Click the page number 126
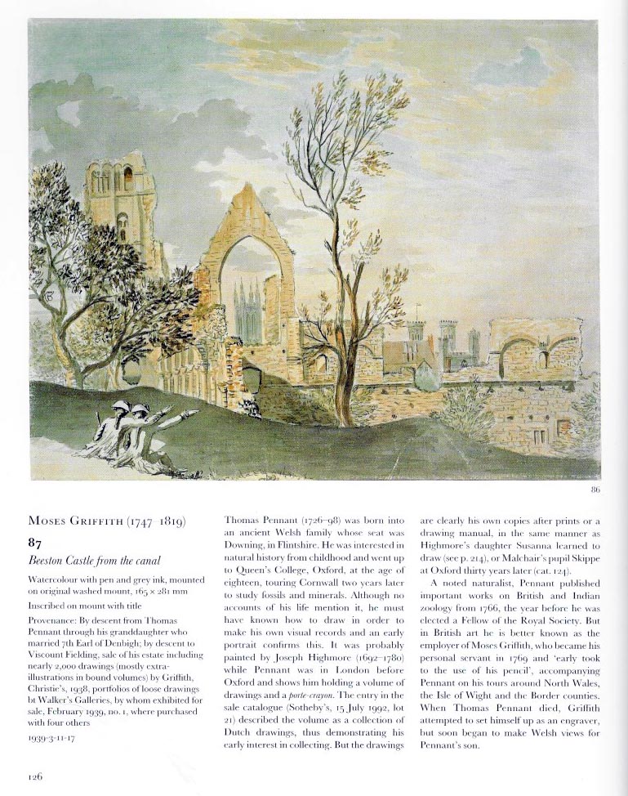[x=33, y=777]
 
